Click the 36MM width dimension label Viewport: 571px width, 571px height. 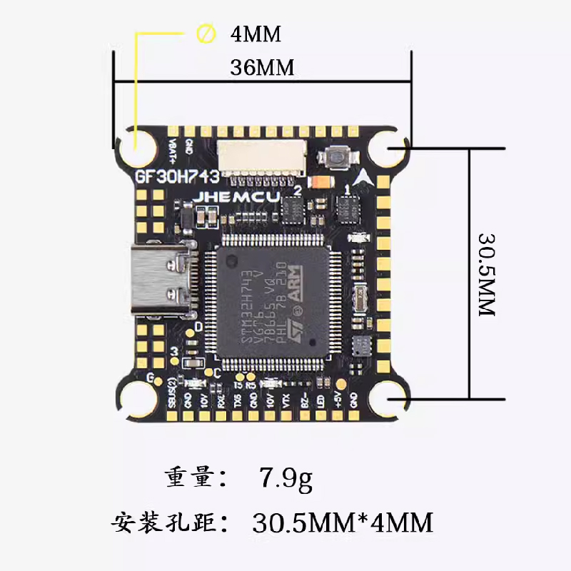[263, 69]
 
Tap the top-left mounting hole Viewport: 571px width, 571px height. [136, 148]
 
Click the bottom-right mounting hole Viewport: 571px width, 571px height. [393, 401]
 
